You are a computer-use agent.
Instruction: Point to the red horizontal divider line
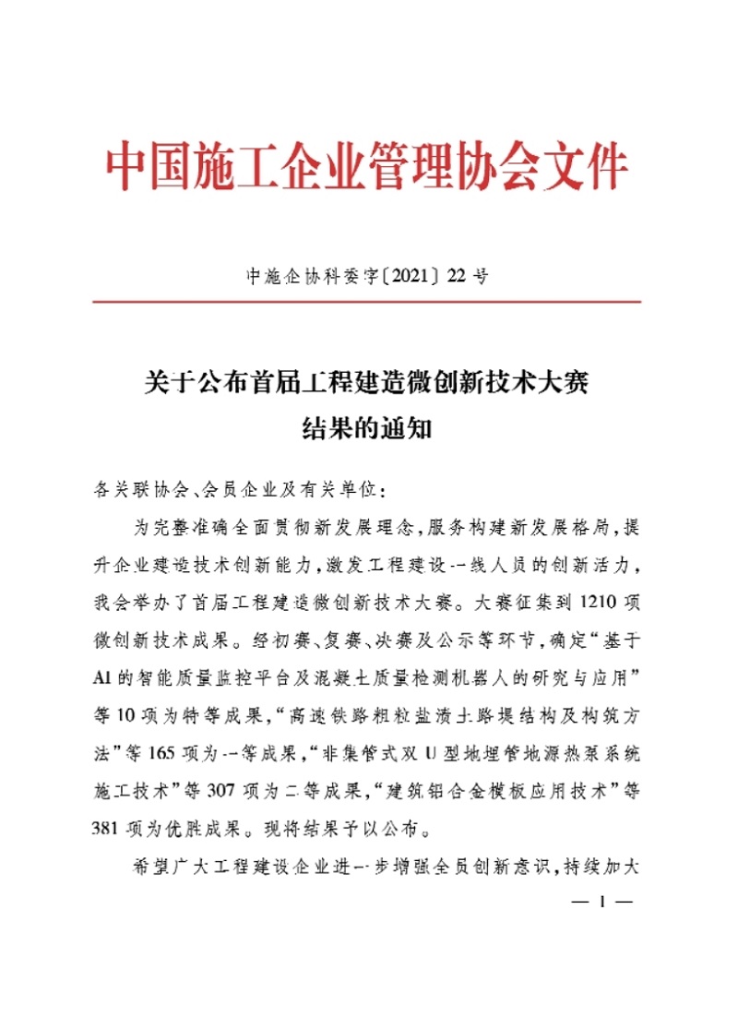pos(367,301)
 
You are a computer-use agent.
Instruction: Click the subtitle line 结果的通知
pos(367,429)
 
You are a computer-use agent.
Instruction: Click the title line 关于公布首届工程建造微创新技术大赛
pos(367,379)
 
